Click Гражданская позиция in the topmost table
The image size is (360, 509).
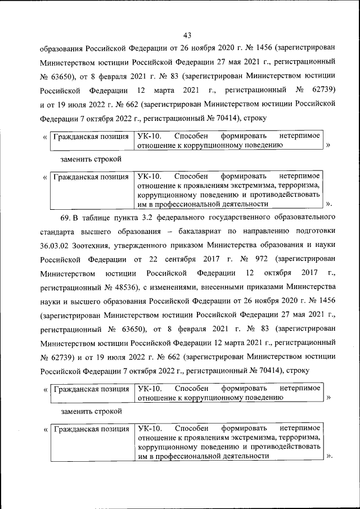pyautogui.click(x=91, y=137)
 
